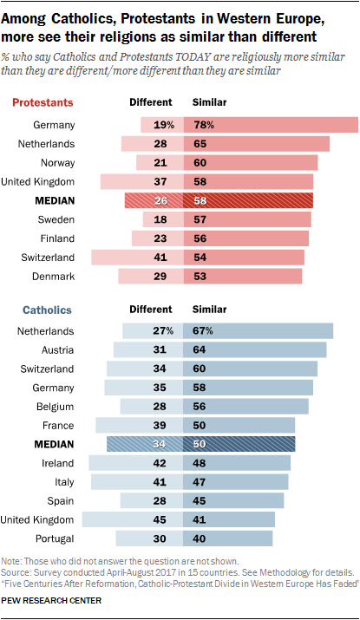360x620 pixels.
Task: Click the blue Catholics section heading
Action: (42, 309)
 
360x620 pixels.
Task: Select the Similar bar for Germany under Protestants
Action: (270, 125)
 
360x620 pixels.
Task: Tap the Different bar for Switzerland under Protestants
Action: (136, 257)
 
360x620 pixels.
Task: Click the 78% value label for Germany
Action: (203, 125)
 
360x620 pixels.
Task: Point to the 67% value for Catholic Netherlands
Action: (202, 330)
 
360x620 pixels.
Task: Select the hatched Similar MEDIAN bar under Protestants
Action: (247, 200)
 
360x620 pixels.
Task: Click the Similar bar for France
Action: (239, 425)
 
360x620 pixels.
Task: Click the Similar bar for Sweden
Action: (246, 219)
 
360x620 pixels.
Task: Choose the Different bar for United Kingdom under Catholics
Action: (133, 519)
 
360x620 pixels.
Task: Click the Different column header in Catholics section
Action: (151, 309)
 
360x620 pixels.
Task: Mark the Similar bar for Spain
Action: (232, 500)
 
